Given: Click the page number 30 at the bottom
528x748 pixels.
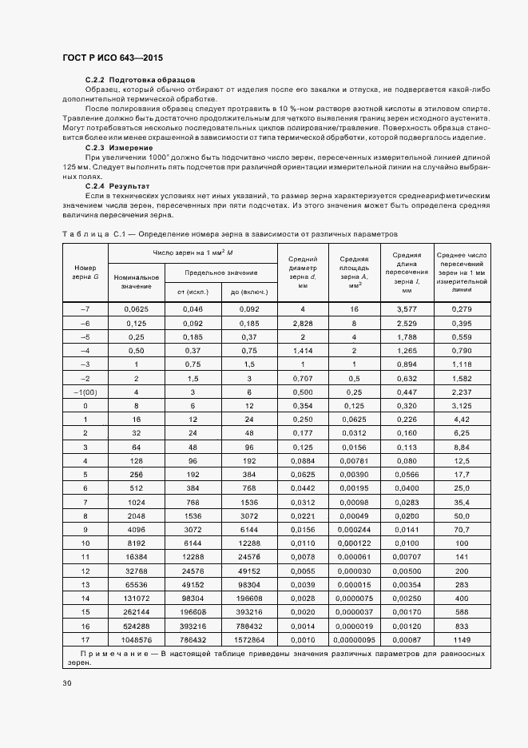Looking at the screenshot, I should click(x=67, y=682).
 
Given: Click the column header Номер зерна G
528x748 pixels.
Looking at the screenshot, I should click(x=85, y=272).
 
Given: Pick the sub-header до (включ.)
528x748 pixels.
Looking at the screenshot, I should click(x=248, y=291).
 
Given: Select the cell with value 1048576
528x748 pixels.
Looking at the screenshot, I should click(x=137, y=641).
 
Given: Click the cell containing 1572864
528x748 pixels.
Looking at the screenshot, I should click(x=248, y=641).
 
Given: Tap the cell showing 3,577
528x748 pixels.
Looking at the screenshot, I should click(x=407, y=308).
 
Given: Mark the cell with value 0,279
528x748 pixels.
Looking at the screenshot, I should click(x=462, y=308).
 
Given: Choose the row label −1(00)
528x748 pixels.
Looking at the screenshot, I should click(x=85, y=392).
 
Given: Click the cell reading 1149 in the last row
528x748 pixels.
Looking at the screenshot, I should click(x=462, y=641).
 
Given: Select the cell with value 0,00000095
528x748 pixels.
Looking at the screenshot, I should click(x=353, y=641).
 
